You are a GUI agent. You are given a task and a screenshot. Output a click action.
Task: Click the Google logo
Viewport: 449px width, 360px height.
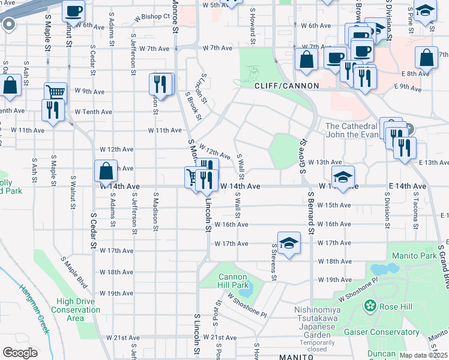20,353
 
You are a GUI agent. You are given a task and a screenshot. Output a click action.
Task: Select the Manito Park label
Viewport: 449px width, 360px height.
412,256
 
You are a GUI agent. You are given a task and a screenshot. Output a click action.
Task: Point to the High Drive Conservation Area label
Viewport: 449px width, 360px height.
75,310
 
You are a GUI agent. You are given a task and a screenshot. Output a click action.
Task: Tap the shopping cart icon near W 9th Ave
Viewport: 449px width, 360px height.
55,92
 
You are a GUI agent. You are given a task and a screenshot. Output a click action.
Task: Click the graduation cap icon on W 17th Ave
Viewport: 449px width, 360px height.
289,243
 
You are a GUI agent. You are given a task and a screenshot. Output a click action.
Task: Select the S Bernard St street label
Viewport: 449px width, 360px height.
311,214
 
